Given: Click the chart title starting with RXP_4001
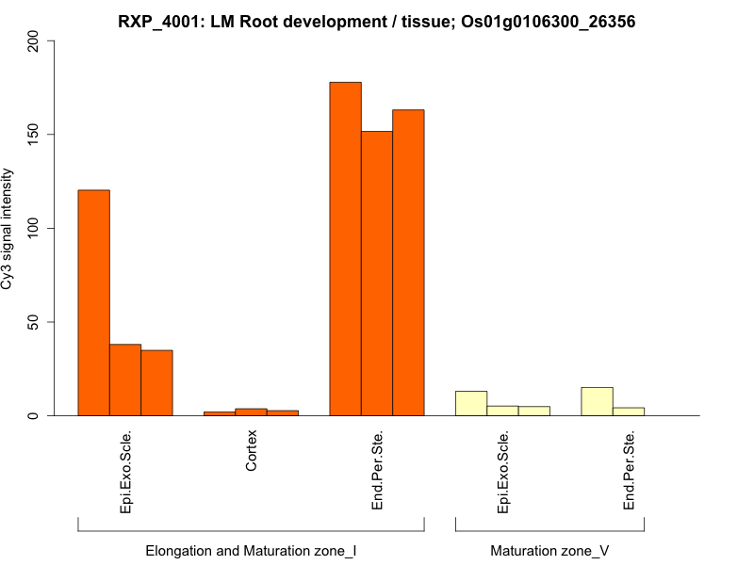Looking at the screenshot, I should pos(376,21).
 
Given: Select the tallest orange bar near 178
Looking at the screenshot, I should pos(345,249).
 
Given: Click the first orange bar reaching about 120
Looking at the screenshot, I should pos(93,302).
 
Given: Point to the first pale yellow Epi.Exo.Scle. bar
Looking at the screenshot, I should pos(471,403).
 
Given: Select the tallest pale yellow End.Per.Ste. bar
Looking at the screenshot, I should pos(597,401).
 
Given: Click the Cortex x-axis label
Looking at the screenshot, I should pos(251,451).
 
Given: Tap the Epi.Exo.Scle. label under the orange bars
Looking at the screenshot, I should pos(125,471).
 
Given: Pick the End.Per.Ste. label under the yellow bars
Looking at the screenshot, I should pos(629,470).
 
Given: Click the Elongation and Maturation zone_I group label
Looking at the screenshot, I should pos(251,550).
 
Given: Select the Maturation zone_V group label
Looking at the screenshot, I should pos(549,550).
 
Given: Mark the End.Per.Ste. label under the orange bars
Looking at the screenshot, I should pos(377,470).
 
